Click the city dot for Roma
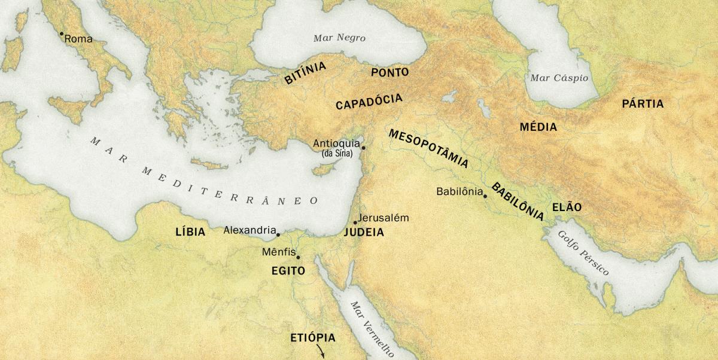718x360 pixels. click(x=61, y=34)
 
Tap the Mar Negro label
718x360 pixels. click(x=339, y=38)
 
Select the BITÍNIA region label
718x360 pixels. click(x=305, y=74)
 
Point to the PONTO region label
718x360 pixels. click(x=390, y=72)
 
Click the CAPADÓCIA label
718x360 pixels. click(x=369, y=102)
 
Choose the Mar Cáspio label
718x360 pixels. click(x=559, y=78)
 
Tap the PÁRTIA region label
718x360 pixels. click(x=643, y=104)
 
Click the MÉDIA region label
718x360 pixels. click(x=538, y=127)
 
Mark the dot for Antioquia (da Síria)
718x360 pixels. click(x=363, y=147)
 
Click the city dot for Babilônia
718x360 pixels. click(x=485, y=196)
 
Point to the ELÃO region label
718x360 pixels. click(x=567, y=207)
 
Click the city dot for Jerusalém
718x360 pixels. click(x=355, y=222)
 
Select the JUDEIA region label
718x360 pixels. click(x=364, y=233)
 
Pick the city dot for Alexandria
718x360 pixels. click(x=278, y=234)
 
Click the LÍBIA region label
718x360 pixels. click(x=190, y=232)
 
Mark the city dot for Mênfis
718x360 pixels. click(x=298, y=257)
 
